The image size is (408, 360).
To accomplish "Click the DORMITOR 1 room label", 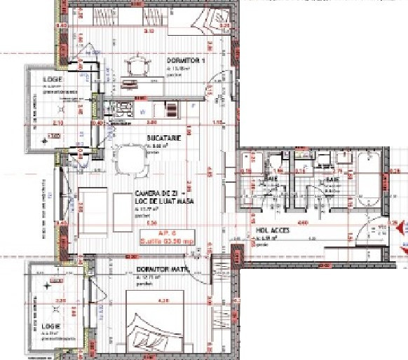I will pyautogui.click(x=185, y=61).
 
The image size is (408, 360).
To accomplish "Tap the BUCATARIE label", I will pyautogui.click(x=164, y=138).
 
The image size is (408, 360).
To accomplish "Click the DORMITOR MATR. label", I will pyautogui.click(x=159, y=269).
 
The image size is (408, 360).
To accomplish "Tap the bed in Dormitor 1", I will pyautogui.click(x=211, y=18).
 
